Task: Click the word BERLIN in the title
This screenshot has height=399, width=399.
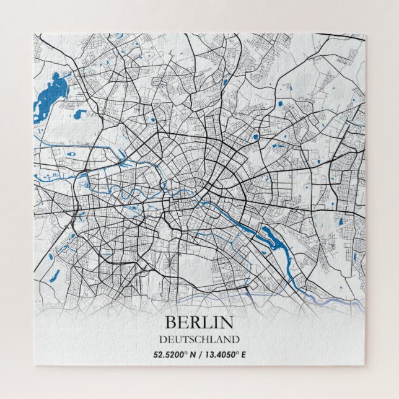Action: [x=199, y=323]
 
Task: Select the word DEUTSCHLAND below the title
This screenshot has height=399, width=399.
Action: [x=199, y=340]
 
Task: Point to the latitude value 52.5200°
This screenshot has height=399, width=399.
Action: [x=174, y=355]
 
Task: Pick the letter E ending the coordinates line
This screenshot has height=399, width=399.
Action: [x=243, y=355]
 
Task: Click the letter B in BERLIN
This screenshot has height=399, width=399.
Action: [x=169, y=323]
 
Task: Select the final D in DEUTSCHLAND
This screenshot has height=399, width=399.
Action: [x=235, y=340]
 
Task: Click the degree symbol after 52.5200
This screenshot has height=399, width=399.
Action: [x=190, y=353]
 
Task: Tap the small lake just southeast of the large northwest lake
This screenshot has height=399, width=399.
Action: [x=80, y=114]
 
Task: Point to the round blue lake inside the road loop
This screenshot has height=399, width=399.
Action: [x=255, y=137]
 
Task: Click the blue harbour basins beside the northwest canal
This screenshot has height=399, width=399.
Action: [x=84, y=183]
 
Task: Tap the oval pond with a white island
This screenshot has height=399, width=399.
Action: [x=72, y=153]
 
